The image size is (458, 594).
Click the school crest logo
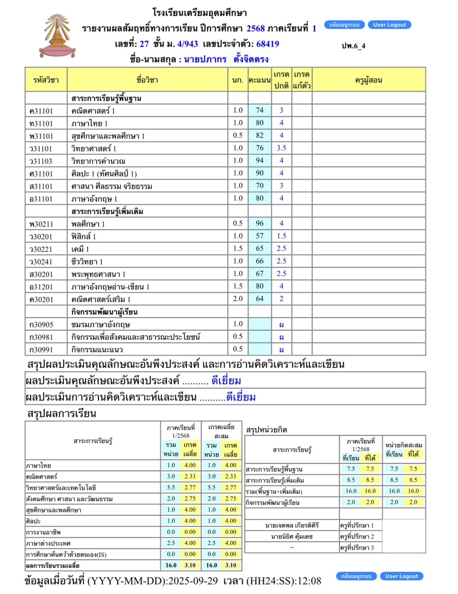click(x=57, y=36)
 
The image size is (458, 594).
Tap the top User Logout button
click(x=389, y=25)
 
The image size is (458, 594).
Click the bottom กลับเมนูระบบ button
click(x=356, y=576)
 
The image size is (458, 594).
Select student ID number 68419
click(x=268, y=44)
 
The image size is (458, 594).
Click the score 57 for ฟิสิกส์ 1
click(x=260, y=236)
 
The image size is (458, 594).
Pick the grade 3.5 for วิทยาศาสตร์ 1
click(x=281, y=148)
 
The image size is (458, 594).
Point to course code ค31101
click(x=41, y=111)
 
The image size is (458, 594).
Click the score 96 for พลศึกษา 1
click(x=260, y=223)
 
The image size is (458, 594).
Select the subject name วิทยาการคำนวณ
click(x=98, y=161)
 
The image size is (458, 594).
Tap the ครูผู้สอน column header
click(x=368, y=80)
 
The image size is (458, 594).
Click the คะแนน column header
click(x=260, y=80)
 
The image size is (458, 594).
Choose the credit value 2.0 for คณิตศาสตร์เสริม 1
click(x=238, y=299)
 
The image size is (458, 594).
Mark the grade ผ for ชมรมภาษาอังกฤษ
click(x=281, y=325)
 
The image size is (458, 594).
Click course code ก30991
click(x=41, y=350)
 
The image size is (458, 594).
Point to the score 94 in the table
click(x=260, y=161)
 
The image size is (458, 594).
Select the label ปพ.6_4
click(x=353, y=46)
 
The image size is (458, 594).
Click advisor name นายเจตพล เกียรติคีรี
click(x=292, y=526)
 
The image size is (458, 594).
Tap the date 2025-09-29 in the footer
click(x=193, y=581)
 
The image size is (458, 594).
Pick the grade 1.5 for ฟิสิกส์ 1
click(x=281, y=236)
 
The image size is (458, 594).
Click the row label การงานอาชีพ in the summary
click(x=43, y=532)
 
